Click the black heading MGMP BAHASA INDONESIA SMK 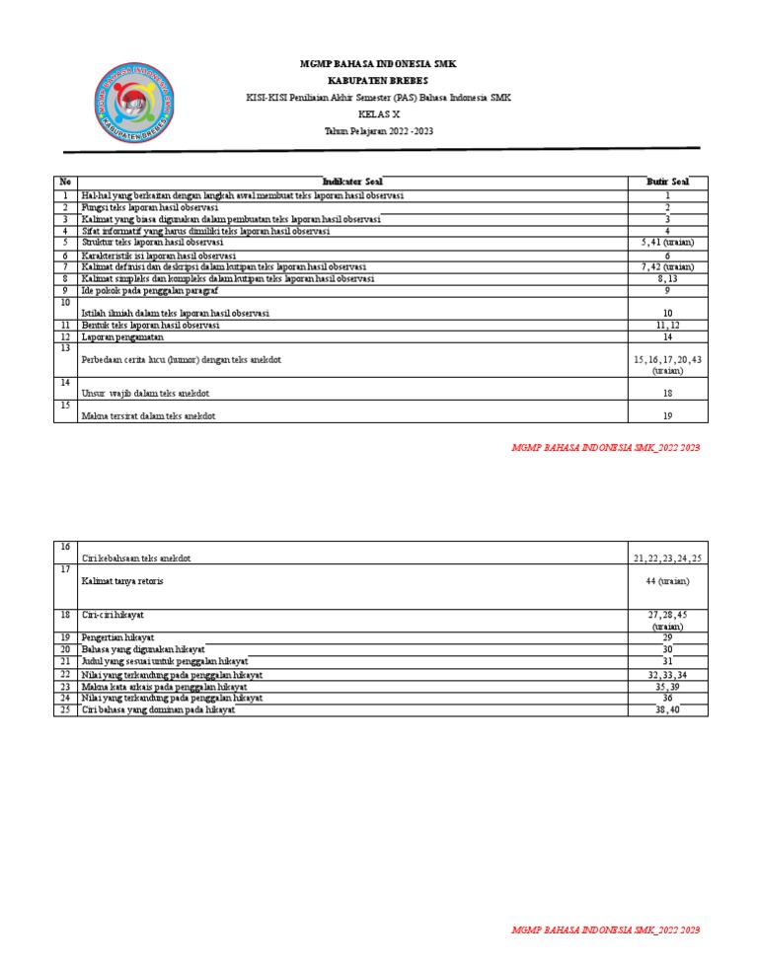coord(378,64)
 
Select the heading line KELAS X coord(378,114)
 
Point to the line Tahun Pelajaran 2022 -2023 coord(378,131)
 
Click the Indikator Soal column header coord(352,182)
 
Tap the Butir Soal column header coord(667,182)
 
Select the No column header coord(65,182)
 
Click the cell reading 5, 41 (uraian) coord(667,242)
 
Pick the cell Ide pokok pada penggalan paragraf coord(149,291)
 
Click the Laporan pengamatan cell coord(122,336)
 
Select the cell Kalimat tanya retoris coord(122,581)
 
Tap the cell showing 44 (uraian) coord(667,581)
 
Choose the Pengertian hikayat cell coord(118,637)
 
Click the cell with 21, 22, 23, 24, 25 coord(667,558)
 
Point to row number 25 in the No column coord(65,709)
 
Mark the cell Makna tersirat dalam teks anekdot coord(148,416)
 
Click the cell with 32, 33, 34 coord(667,674)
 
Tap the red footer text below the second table coord(605,930)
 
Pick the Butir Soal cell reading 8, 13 coord(667,279)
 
